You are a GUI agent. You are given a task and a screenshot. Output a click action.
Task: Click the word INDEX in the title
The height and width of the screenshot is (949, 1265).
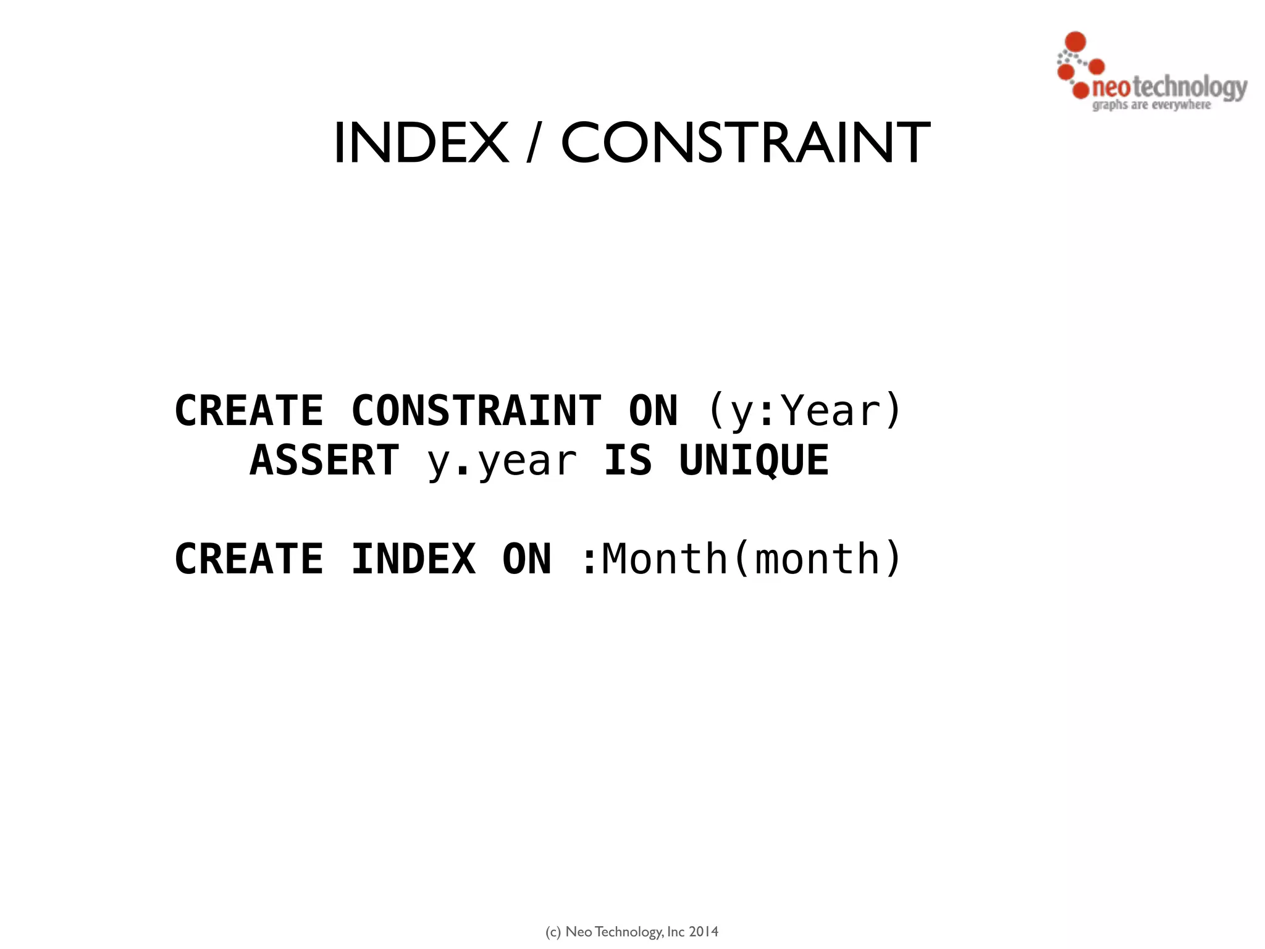click(x=421, y=143)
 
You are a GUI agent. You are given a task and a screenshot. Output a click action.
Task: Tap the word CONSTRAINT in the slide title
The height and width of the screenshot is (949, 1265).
click(x=745, y=143)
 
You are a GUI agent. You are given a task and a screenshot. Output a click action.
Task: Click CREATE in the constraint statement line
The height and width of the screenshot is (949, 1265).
click(x=249, y=411)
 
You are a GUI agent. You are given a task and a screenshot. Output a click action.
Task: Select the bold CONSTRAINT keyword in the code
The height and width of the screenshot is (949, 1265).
click(x=476, y=411)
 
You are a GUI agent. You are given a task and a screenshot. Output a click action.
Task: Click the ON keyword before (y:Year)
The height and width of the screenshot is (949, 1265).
click(x=653, y=411)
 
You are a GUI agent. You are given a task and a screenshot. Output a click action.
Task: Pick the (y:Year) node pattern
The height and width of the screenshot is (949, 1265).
click(x=804, y=411)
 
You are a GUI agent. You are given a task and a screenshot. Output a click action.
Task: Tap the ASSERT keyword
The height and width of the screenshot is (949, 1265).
click(x=325, y=461)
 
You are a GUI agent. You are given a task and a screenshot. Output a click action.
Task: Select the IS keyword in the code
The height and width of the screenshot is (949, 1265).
click(x=628, y=461)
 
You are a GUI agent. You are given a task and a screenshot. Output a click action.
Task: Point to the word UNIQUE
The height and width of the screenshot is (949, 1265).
click(x=754, y=461)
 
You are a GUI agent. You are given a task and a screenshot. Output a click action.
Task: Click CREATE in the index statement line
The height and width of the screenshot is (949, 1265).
click(x=249, y=559)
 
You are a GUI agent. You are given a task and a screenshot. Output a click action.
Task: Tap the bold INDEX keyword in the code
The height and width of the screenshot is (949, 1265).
click(x=413, y=559)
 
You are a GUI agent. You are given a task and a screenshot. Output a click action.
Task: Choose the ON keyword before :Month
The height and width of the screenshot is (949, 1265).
click(x=527, y=559)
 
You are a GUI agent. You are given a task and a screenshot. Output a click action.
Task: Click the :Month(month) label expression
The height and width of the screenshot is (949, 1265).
click(x=741, y=559)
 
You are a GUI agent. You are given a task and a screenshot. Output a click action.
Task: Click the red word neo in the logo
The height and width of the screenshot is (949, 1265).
click(x=1111, y=88)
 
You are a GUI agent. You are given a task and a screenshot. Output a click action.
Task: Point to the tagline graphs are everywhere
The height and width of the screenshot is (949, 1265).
click(x=1151, y=105)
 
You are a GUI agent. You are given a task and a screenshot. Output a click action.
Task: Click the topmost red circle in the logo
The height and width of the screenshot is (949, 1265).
click(x=1076, y=41)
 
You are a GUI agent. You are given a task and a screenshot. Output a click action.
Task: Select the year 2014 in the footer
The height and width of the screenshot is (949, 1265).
click(x=704, y=932)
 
